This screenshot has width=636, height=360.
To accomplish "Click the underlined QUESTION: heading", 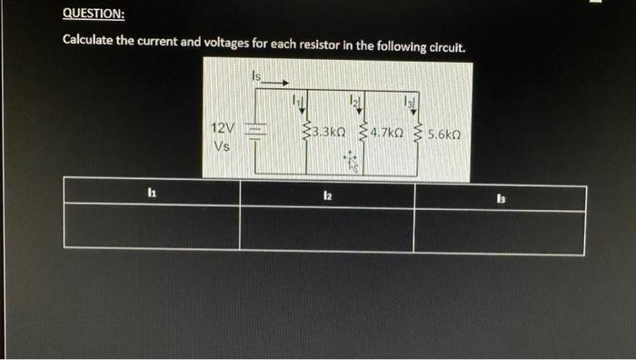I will click(x=94, y=15).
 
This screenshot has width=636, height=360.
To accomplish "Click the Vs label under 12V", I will click(x=221, y=145).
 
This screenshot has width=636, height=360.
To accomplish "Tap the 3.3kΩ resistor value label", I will click(x=328, y=133).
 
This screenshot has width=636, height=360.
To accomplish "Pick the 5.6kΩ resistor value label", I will click(x=444, y=133).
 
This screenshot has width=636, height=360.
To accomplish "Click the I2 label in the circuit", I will click(x=357, y=96).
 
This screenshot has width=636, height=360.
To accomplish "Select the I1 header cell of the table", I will click(x=151, y=194).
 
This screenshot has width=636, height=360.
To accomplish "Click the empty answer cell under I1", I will click(x=151, y=229).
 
